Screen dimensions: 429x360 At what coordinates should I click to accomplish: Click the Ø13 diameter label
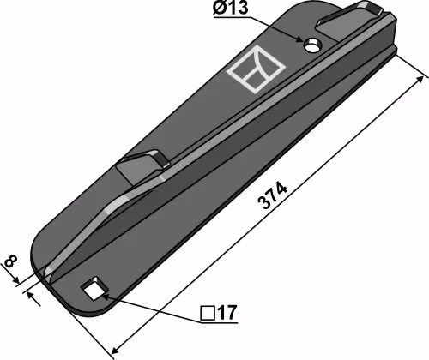pos(231,7)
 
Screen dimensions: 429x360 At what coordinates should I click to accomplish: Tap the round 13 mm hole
pos(312,45)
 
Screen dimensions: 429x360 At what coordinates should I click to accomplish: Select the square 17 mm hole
pos(94,289)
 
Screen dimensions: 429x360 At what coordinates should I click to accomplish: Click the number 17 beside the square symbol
pos(227,313)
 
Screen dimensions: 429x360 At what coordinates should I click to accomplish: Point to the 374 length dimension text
pos(272,195)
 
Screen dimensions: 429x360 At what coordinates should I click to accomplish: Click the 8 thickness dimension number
pos(11,261)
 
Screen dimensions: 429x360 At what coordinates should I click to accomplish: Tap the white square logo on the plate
pos(256,69)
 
